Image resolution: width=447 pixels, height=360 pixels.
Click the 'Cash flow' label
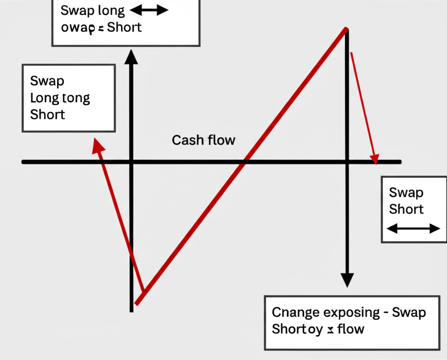point(203,140)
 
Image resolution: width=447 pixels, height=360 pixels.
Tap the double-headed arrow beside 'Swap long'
point(149,10)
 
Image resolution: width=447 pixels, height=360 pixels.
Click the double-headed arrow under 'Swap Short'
point(413,228)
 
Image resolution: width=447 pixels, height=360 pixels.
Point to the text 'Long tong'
point(60,98)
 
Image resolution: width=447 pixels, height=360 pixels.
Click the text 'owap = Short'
point(101,27)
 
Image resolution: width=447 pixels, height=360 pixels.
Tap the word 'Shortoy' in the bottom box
point(297,329)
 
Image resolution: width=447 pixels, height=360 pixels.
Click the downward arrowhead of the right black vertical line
point(347,280)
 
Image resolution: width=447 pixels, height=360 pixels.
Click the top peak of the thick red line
point(346,30)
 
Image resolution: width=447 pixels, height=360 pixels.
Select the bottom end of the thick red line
point(137,302)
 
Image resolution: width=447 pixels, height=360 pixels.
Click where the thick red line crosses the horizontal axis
point(244,162)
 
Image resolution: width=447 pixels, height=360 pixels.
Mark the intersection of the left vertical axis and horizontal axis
point(131,162)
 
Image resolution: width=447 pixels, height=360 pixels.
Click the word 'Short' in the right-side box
point(406,209)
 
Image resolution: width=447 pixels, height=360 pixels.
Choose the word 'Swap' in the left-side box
point(47,81)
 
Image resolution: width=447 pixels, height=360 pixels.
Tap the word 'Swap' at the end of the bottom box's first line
point(409,312)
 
